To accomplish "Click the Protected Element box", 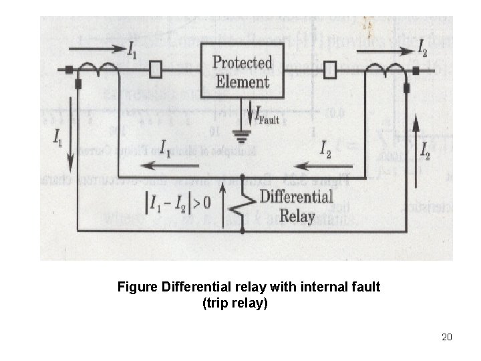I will click(241, 72).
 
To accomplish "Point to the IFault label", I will click(266, 116).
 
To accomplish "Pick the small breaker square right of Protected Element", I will click(329, 68).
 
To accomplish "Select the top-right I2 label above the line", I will click(423, 47).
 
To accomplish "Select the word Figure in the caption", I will click(138, 287).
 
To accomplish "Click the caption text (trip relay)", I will click(234, 303).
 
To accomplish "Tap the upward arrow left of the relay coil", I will click(223, 204).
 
